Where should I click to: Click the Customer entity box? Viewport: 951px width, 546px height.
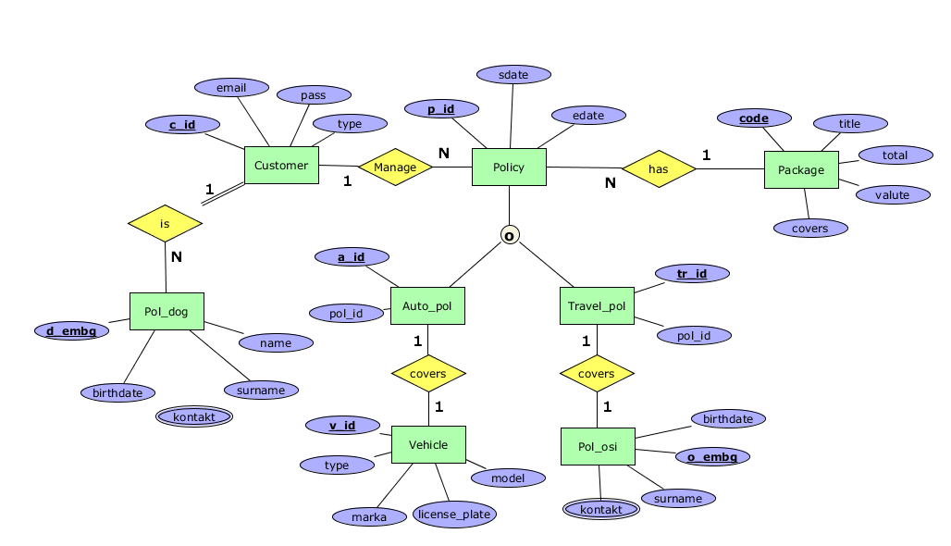click(281, 166)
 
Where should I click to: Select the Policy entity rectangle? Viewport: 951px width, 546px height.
click(509, 168)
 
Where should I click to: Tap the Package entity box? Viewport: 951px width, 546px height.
click(801, 170)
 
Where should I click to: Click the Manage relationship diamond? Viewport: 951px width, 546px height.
click(395, 168)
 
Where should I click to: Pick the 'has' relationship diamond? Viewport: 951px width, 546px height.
click(658, 169)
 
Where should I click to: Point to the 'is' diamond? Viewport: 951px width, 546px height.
click(165, 223)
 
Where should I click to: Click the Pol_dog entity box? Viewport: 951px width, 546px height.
click(167, 312)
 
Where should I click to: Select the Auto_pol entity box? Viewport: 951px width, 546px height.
click(427, 306)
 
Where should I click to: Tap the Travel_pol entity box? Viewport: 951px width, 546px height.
click(597, 306)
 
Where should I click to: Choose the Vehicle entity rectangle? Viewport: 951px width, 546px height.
click(428, 445)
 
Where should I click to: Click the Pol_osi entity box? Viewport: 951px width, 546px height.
click(598, 447)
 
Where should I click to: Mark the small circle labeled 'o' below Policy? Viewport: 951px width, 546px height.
click(509, 235)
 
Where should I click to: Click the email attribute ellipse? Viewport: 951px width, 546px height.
click(231, 88)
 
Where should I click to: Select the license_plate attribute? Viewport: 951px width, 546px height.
click(455, 514)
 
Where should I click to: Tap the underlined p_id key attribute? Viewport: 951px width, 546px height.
click(441, 109)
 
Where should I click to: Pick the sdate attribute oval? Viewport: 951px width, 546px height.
click(513, 74)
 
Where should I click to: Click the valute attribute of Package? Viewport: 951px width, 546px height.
click(892, 194)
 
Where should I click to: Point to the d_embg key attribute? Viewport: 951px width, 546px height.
click(71, 329)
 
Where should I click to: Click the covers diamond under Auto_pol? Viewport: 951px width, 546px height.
click(427, 374)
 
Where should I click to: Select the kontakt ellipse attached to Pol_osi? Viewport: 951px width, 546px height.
click(601, 510)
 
